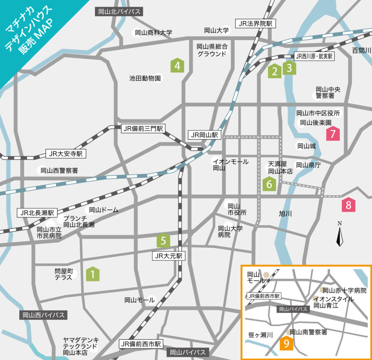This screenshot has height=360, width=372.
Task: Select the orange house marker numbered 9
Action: click(x=286, y=343)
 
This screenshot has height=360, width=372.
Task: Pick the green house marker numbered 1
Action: click(x=93, y=274)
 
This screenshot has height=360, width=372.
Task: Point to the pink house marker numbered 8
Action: click(x=348, y=205)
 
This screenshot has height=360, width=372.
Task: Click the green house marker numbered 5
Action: click(x=163, y=240)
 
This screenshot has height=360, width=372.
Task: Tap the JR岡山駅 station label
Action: click(x=205, y=135)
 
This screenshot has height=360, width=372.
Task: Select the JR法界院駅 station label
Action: click(x=255, y=24)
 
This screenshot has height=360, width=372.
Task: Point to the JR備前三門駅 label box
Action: click(x=144, y=128)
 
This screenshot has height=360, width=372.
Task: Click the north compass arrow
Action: click(x=340, y=236)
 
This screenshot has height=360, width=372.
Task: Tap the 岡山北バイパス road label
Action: click(x=119, y=11)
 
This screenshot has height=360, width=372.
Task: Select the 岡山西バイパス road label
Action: click(x=44, y=315)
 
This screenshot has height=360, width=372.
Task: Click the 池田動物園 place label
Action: click(x=145, y=78)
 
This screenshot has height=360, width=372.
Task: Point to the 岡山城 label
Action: click(x=307, y=146)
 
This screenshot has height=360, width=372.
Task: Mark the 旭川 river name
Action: click(x=285, y=213)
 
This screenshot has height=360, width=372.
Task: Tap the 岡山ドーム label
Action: click(x=104, y=210)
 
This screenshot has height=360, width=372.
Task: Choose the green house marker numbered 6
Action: click(x=269, y=184)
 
